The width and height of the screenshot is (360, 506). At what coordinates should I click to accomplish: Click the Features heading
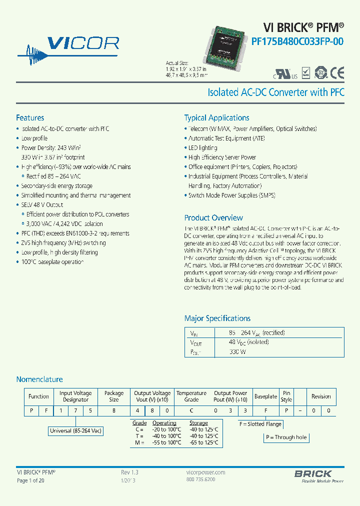[x=30, y=118]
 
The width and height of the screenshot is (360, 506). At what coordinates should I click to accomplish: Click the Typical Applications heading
[x=216, y=118]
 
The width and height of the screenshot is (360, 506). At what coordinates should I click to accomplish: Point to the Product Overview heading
[x=213, y=218]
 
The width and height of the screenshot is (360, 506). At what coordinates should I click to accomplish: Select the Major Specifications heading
[x=217, y=318]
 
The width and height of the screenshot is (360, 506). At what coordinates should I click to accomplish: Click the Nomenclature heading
[x=39, y=379]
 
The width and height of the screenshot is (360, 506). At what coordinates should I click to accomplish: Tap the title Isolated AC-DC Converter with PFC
[x=275, y=92]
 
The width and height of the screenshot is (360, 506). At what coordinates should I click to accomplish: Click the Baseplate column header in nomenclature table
[x=265, y=396]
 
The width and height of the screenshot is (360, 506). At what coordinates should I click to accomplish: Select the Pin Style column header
[x=286, y=396]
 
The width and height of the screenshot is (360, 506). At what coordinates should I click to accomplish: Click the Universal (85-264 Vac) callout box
[x=76, y=430]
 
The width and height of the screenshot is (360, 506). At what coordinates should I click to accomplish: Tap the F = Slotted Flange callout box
[x=260, y=424]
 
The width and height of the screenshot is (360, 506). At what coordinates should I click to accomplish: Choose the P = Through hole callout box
[x=286, y=437]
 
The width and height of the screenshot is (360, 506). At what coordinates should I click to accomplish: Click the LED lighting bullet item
[x=202, y=148]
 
